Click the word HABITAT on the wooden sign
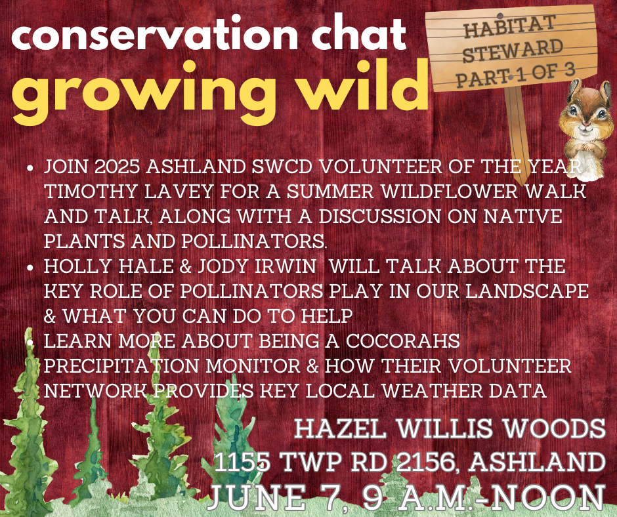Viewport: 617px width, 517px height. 509,26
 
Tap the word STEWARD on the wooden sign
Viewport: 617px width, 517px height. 513,51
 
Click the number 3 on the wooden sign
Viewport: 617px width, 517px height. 569,70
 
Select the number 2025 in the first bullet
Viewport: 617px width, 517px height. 117,167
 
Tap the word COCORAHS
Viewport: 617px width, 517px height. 403,341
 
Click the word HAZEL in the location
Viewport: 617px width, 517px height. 340,428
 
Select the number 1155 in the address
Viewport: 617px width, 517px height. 242,462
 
